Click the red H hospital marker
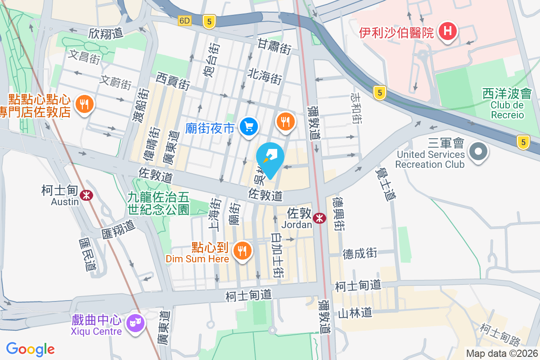[x=448, y=31]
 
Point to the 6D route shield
[x=184, y=21]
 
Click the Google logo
[x=31, y=349]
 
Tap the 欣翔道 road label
[x=106, y=33]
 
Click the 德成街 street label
[x=360, y=253]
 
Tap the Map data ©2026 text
[x=502, y=353]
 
